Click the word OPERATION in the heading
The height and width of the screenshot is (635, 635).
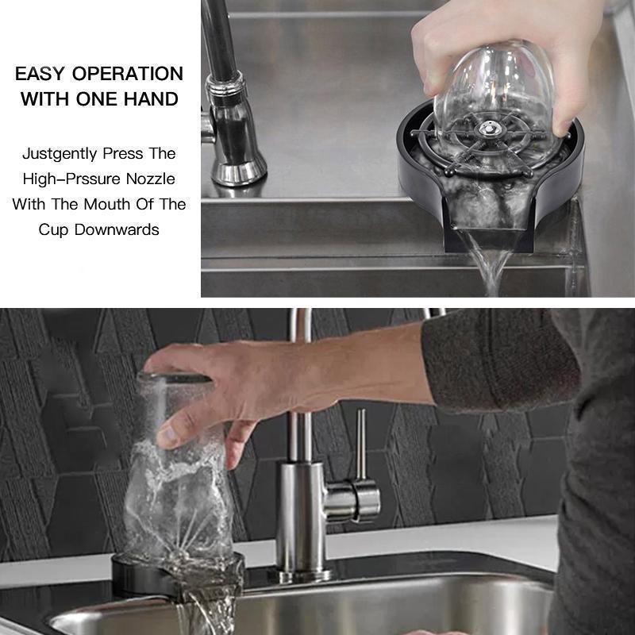(128, 74)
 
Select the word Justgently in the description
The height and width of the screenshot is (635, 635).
(60, 154)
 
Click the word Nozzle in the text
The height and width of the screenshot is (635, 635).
(151, 179)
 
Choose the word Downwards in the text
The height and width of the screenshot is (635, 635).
(117, 229)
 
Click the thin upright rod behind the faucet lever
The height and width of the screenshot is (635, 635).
(361, 444)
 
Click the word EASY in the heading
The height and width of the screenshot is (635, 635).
(40, 74)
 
